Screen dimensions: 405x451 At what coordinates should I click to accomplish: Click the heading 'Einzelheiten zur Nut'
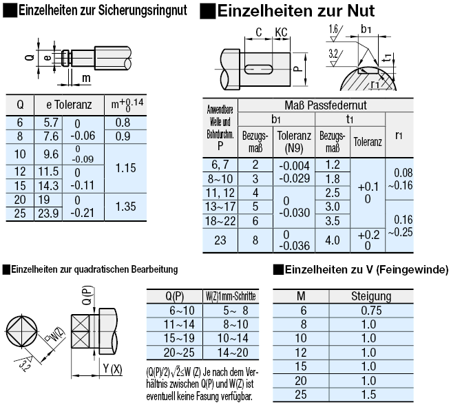(296, 11)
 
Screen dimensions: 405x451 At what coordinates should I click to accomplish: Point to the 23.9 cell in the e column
(50, 214)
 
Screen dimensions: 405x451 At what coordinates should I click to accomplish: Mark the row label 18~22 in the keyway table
(221, 220)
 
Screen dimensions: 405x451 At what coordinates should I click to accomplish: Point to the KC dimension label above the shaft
(280, 32)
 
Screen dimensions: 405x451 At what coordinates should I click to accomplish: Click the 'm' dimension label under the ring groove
(86, 79)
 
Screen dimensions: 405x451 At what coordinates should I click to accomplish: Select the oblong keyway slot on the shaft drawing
(259, 67)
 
